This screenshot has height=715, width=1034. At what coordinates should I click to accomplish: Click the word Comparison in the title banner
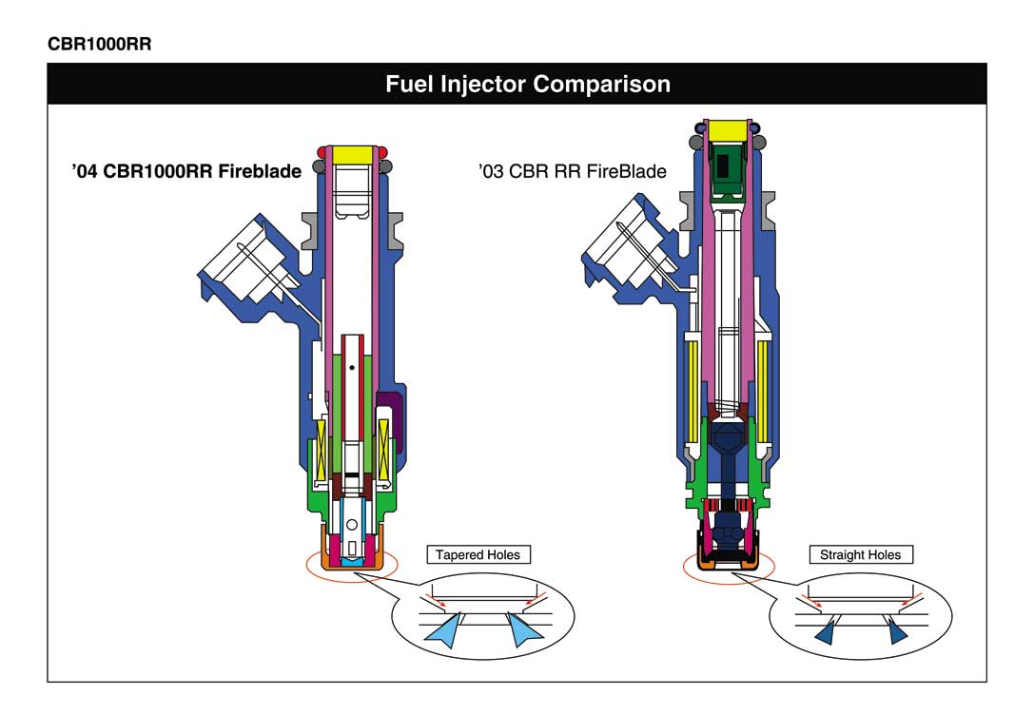pyautogui.click(x=601, y=85)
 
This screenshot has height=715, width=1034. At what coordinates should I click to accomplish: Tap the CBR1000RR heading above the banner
pyautogui.click(x=100, y=44)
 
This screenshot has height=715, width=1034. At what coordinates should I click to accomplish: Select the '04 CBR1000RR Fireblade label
pyautogui.click(x=186, y=171)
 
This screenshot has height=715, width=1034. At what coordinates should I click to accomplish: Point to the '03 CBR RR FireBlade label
pyautogui.click(x=572, y=171)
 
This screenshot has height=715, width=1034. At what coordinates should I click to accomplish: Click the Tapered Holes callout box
pyautogui.click(x=478, y=555)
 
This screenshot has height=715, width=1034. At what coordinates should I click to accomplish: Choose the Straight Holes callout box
pyautogui.click(x=861, y=555)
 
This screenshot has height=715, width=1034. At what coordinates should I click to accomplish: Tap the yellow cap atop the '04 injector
pyautogui.click(x=352, y=155)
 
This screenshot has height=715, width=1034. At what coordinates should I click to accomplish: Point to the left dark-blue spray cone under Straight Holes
pyautogui.click(x=827, y=632)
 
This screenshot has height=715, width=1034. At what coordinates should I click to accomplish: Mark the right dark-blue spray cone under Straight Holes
pyautogui.click(x=897, y=631)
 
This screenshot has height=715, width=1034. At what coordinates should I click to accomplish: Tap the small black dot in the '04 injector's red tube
pyautogui.click(x=352, y=367)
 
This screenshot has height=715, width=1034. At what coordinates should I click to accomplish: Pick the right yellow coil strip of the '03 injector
pyautogui.click(x=762, y=392)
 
